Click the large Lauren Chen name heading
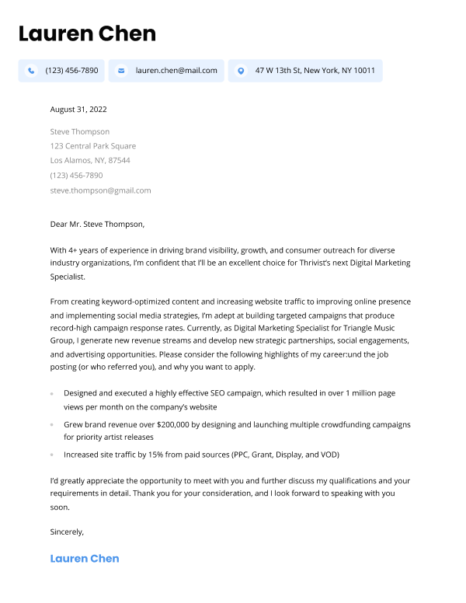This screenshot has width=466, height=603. coord(87,33)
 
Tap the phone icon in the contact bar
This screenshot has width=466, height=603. coord(31,71)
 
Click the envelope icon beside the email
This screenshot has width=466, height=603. coord(121,71)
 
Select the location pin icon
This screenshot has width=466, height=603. coord(241,71)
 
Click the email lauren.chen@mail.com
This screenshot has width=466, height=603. coord(176,71)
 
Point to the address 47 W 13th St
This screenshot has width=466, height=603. coord(315,71)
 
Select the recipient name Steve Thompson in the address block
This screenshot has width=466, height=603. coord(79,131)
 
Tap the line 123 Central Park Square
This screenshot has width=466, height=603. coord(92,146)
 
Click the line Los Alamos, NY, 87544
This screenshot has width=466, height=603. coord(89,161)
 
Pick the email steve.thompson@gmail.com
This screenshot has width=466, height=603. coord(100,190)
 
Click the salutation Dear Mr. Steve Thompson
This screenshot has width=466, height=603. coord(97,225)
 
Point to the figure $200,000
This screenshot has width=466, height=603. coord(177,426)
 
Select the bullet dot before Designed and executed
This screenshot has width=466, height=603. coord(52,394)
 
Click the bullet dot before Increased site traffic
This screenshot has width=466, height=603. coord(52,455)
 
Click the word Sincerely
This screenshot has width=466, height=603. coord(66,532)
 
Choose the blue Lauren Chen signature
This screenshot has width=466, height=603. coord(84,559)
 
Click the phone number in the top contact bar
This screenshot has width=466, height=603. coord(71,71)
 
